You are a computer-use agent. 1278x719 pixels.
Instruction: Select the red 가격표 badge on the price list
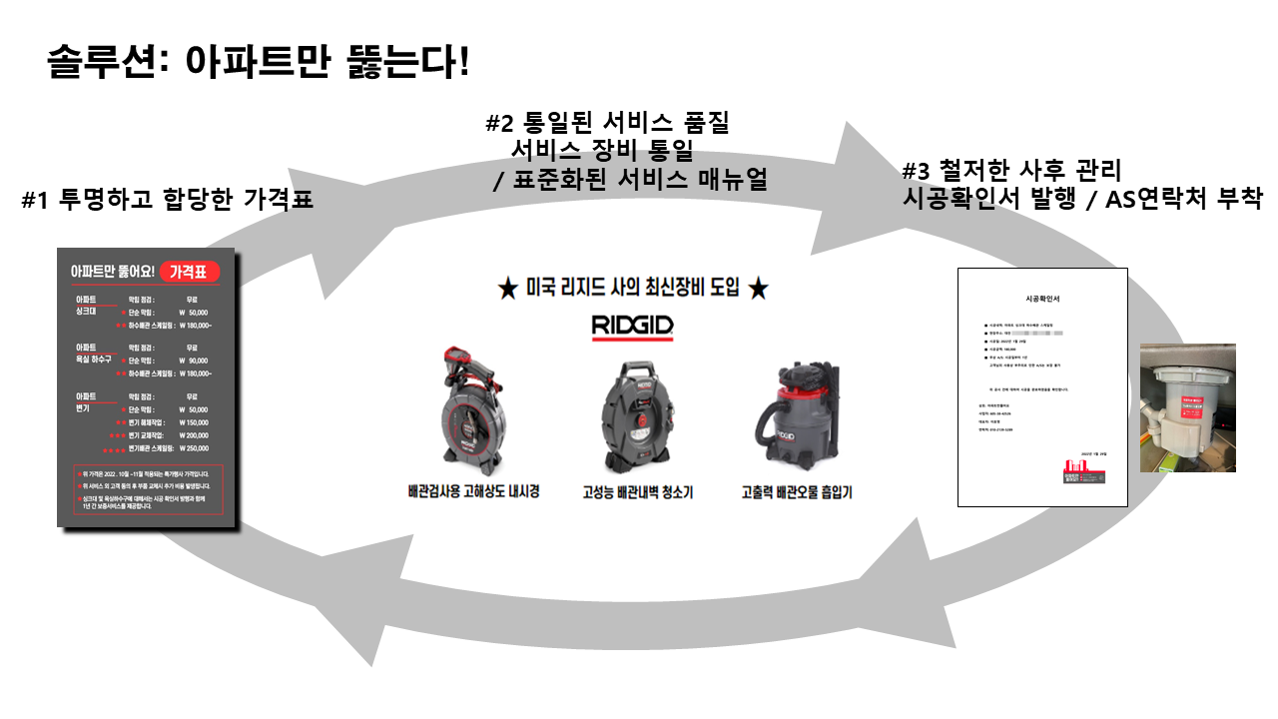188,272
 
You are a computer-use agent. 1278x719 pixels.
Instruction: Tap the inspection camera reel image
474,409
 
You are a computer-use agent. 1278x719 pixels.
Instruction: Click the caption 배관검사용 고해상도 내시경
474,492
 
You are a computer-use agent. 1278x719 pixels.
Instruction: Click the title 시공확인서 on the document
1041,299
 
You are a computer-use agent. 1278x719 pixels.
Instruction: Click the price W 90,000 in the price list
194,360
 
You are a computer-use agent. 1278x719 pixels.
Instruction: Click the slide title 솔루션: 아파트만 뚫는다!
258,63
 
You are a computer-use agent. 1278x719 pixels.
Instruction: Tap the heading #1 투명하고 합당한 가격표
167,200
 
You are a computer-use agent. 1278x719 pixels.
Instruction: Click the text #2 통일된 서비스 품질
607,124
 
